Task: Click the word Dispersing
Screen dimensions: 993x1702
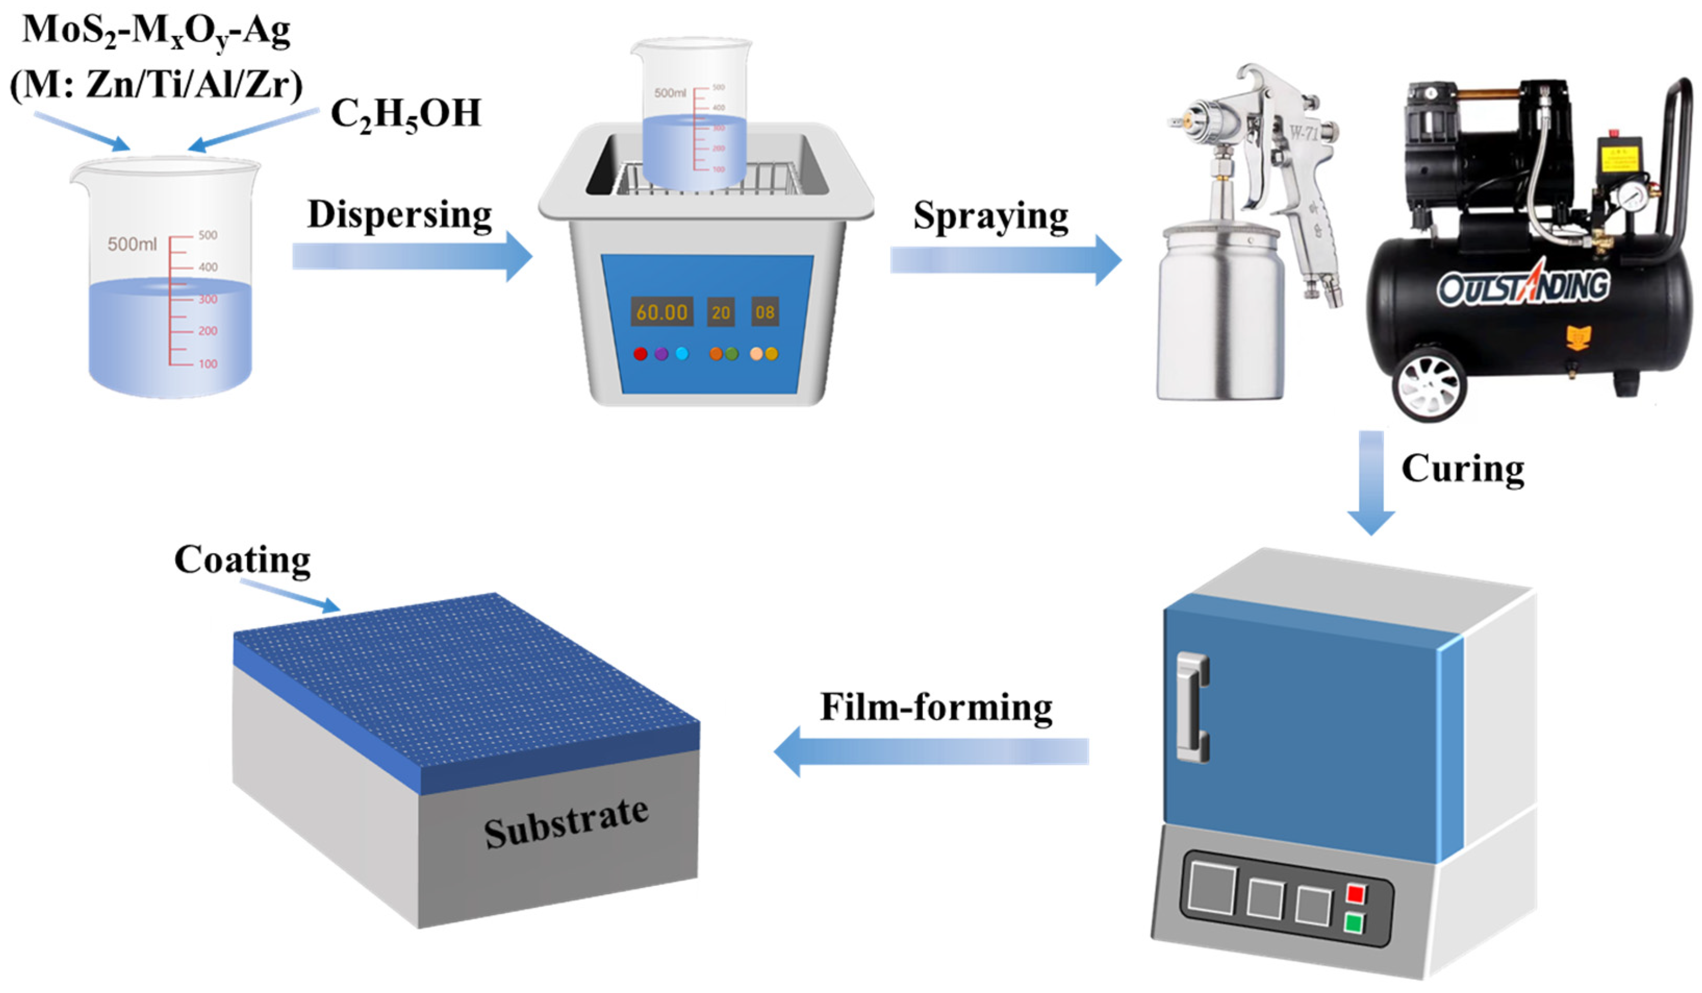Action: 399,215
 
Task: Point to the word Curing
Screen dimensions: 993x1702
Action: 1462,468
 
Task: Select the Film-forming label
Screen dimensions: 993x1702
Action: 936,707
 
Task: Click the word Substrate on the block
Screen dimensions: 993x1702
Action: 566,822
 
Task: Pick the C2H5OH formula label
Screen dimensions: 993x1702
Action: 405,114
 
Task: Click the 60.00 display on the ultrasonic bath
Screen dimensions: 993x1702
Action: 661,312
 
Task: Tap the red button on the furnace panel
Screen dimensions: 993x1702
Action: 1355,894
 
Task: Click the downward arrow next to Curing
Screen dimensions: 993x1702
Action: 1371,483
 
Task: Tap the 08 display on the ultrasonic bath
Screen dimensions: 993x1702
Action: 765,312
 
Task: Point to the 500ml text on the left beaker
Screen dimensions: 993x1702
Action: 132,244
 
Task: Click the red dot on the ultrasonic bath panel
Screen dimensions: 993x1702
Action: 640,353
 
